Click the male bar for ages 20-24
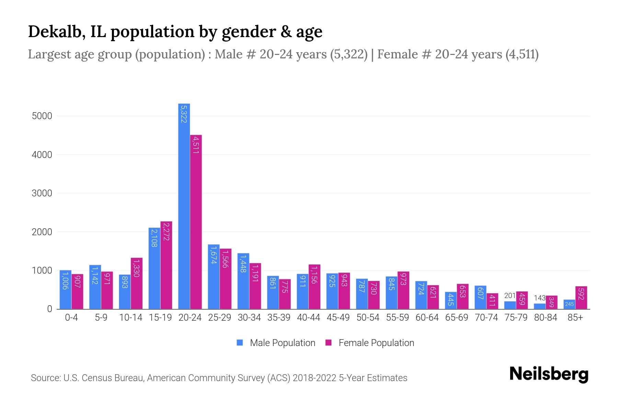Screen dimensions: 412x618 point(184,206)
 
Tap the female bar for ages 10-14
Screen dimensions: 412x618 point(137,283)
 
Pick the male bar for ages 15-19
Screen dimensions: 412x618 point(154,268)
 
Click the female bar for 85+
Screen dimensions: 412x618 point(581,298)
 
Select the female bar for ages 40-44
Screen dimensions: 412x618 point(314,287)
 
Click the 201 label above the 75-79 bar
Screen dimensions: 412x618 point(510,296)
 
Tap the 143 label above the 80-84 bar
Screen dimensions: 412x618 point(539,298)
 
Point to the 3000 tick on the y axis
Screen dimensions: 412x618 point(42,193)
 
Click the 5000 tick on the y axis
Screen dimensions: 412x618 point(42,116)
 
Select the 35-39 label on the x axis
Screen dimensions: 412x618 point(279,318)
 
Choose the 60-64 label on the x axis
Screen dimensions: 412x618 point(427,318)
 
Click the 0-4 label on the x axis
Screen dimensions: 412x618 point(71,318)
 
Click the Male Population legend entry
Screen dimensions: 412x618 point(276,343)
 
